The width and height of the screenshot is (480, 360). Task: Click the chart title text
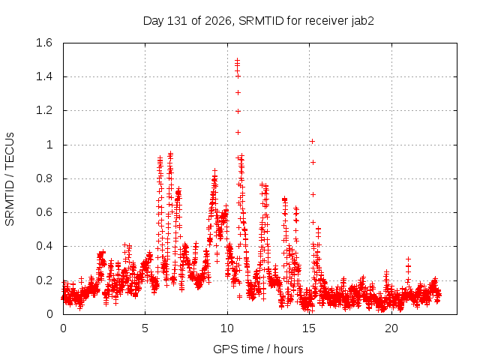coord(258,21)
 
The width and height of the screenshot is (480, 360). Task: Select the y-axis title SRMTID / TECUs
coord(10,179)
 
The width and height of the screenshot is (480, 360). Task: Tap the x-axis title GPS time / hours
coord(258,349)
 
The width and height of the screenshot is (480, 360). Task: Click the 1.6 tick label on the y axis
coord(44,43)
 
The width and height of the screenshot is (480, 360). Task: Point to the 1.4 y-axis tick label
coord(44,76)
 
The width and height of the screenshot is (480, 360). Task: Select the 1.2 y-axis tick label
coord(44,110)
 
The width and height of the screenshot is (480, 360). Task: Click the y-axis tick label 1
coord(49,145)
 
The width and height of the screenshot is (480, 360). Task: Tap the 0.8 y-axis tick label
coord(44,178)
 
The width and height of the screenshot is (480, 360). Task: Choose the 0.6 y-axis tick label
coord(44,212)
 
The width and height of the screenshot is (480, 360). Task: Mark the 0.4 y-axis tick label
coord(44,246)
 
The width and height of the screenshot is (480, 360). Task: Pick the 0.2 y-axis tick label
coord(44,280)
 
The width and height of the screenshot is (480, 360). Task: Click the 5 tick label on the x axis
coord(145,328)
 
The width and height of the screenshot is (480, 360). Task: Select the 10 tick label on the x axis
coord(227,328)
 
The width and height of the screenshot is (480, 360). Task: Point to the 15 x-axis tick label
coord(309,328)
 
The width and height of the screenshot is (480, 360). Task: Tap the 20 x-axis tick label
coord(391,328)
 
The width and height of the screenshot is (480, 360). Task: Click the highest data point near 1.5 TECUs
coord(237,60)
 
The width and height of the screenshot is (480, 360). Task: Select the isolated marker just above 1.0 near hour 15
coord(312,141)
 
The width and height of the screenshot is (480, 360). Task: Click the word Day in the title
coord(154,21)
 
